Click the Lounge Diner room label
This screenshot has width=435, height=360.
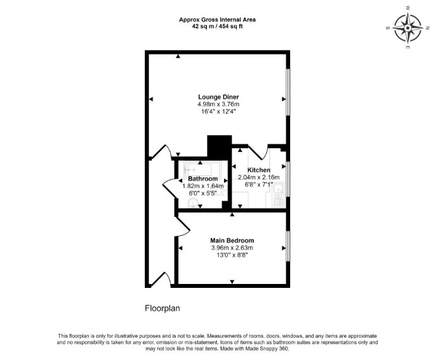tap(218, 97)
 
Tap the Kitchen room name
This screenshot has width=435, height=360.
tap(259, 170)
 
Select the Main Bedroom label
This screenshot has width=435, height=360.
tap(232, 240)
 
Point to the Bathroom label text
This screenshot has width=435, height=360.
tap(203, 179)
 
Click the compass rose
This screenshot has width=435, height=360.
tap(408, 28)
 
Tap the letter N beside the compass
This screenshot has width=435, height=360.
tap(427, 28)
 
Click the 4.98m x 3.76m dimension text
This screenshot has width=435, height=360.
tap(218, 105)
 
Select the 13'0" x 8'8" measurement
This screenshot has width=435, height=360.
tap(232, 255)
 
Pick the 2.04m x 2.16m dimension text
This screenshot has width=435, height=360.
tap(258, 177)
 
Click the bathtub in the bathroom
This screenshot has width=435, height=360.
tap(203, 170)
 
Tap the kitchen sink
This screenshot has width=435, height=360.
tap(278, 190)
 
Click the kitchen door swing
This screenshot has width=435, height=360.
tap(258, 152)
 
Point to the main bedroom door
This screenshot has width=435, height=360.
tap(183, 227)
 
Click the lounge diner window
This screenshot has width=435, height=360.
tap(288, 92)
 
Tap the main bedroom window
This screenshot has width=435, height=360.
tap(288, 246)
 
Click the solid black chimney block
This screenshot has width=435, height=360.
tap(219, 147)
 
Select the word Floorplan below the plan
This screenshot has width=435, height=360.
tap(162, 309)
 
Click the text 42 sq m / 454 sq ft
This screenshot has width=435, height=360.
tap(217, 27)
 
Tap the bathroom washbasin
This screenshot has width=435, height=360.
tap(193, 203)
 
